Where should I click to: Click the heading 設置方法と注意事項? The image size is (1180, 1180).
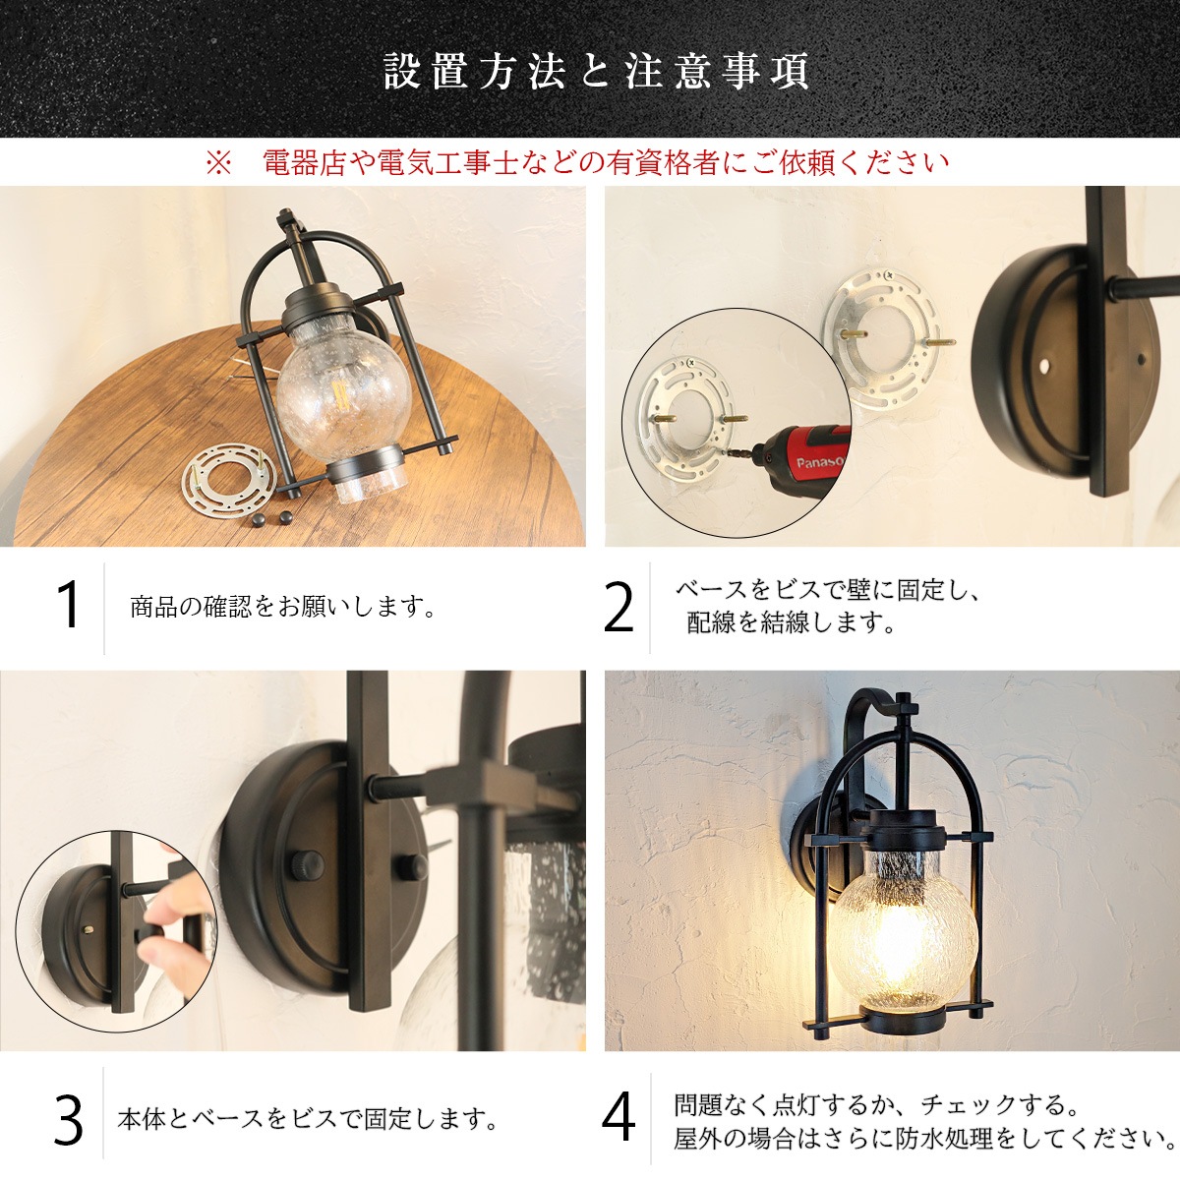click(x=596, y=72)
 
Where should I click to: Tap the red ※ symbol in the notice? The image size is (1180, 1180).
click(x=216, y=162)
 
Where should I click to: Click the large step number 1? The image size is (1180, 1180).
click(x=68, y=606)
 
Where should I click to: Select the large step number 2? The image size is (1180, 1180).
click(x=619, y=608)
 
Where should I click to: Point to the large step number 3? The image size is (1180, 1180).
click(x=68, y=1120)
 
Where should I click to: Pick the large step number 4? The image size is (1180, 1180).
click(x=619, y=1118)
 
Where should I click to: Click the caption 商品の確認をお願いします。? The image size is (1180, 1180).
click(x=283, y=607)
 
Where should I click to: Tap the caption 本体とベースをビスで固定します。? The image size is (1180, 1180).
click(x=308, y=1119)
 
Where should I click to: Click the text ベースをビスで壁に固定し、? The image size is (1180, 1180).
click(x=828, y=591)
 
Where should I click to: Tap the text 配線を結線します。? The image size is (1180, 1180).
click(x=791, y=622)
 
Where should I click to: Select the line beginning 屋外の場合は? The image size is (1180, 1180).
click(x=925, y=1139)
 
